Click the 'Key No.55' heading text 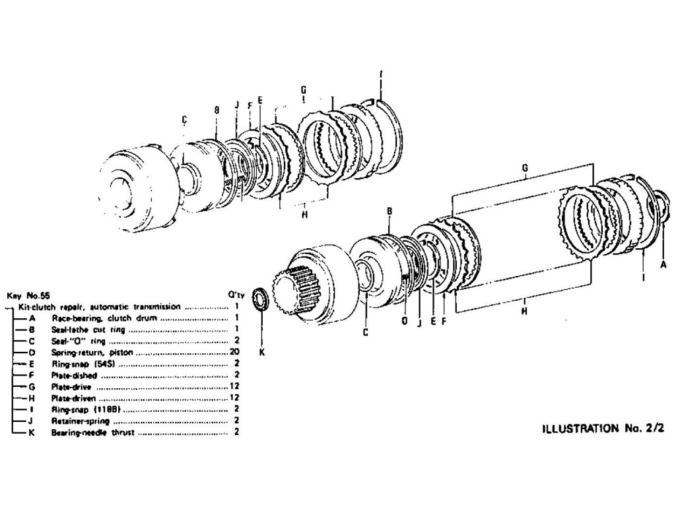pyautogui.click(x=28, y=296)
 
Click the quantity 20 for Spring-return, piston pyautogui.click(x=234, y=353)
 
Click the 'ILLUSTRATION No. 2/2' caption pyautogui.click(x=602, y=428)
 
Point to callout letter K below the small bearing pyautogui.click(x=261, y=352)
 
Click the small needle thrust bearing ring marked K pyautogui.click(x=261, y=299)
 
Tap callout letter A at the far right pyautogui.click(x=663, y=263)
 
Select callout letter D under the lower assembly pyautogui.click(x=404, y=321)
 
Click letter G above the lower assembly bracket pyautogui.click(x=524, y=168)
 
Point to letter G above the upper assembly pyautogui.click(x=302, y=89)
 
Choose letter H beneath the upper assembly pyautogui.click(x=304, y=214)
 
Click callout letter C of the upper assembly pyautogui.click(x=185, y=119)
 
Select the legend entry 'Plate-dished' pyautogui.click(x=74, y=375)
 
